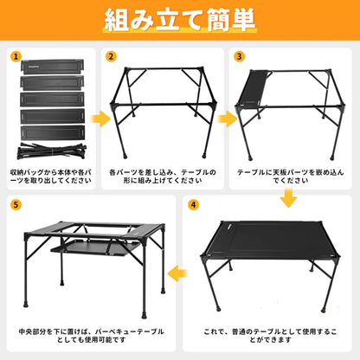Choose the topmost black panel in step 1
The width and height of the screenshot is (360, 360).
(53, 67)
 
